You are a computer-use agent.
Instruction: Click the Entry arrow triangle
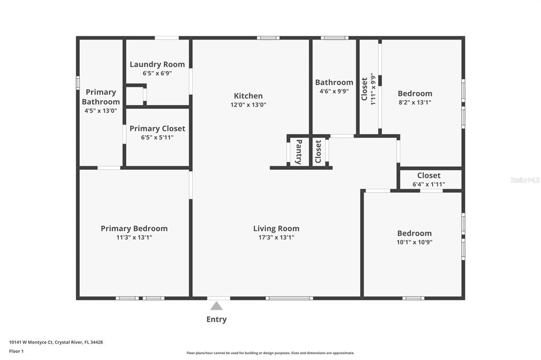(216, 306)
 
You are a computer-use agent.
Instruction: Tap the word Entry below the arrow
(216, 319)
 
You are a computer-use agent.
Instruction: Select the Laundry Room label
(157, 64)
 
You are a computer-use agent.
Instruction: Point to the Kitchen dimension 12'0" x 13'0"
(248, 105)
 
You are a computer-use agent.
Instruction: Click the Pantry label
(299, 151)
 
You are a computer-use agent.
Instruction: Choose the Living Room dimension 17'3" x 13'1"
(276, 237)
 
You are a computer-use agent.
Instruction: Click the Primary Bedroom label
(134, 228)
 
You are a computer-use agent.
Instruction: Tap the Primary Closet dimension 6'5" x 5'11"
(157, 137)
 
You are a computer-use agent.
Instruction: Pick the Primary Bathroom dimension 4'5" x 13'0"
(101, 111)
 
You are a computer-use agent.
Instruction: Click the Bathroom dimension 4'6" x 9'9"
(334, 91)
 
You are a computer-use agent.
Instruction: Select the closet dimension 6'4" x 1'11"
(429, 184)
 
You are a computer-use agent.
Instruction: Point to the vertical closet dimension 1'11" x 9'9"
(372, 89)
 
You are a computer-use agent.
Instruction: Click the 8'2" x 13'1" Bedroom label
(415, 93)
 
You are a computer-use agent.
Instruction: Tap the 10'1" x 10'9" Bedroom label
(414, 233)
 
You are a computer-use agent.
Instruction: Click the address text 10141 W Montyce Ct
(31, 342)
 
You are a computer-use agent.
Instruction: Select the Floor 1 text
(16, 351)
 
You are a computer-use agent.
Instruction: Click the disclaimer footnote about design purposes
(270, 353)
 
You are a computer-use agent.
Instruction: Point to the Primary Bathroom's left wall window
(78, 83)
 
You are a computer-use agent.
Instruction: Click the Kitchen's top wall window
(268, 38)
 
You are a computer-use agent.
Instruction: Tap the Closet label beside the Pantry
(318, 151)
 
